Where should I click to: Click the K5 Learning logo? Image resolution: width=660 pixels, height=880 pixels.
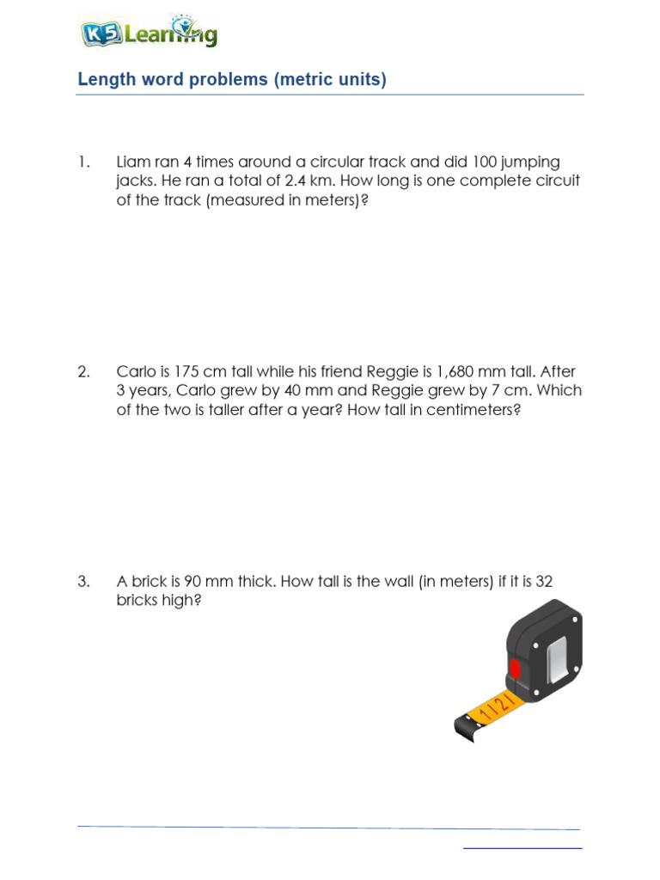(148, 34)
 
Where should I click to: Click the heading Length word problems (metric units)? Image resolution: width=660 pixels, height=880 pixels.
(232, 80)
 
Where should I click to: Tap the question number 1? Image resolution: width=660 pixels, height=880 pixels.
(83, 162)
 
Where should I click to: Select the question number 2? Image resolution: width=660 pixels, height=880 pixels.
(83, 372)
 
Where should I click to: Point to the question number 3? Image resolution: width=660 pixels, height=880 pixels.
(83, 582)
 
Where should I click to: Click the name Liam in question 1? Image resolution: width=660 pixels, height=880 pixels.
(134, 162)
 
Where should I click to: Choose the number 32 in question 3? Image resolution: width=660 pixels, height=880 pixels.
(543, 582)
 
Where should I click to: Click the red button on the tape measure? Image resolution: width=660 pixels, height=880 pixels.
(515, 669)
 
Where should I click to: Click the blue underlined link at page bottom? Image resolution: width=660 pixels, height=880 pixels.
(522, 848)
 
